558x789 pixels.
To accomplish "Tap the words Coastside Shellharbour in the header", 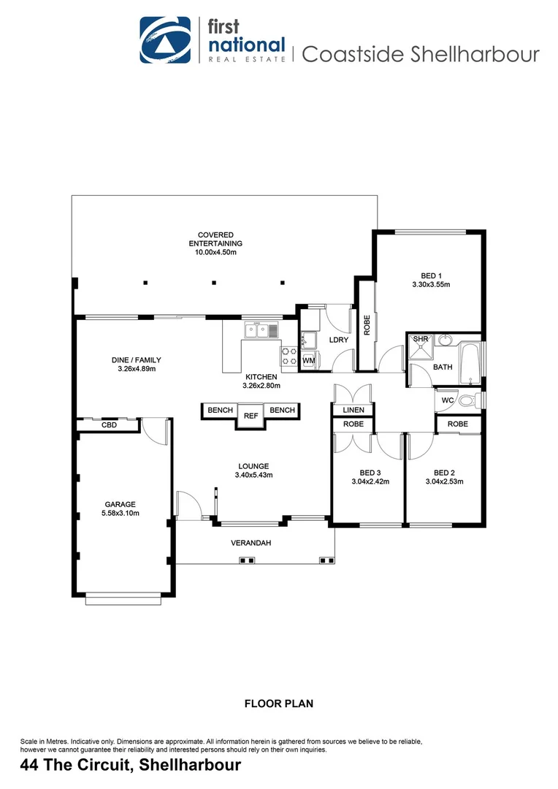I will [x=420, y=54].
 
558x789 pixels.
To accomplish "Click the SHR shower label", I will [x=421, y=340].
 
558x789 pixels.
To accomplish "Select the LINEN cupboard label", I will [x=353, y=411].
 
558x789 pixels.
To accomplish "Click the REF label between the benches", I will [x=251, y=416].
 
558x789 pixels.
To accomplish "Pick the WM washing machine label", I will [x=308, y=360].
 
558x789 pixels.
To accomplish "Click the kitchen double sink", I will [x=261, y=331].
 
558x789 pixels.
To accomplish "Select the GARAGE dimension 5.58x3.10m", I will [x=120, y=514].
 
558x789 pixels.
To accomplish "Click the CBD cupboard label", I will [x=109, y=424].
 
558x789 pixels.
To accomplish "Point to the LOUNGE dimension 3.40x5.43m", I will [x=253, y=476].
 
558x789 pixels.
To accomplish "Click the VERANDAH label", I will [x=251, y=543].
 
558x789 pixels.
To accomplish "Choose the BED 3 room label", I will [x=370, y=472].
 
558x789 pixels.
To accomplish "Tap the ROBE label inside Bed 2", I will [x=458, y=424].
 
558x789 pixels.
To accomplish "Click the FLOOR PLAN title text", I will [x=278, y=704].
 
